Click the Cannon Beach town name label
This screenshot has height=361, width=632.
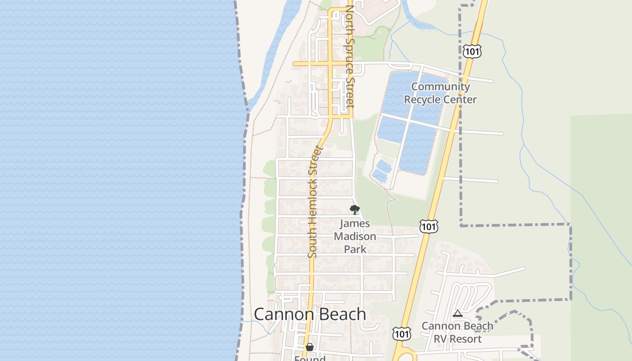pyautogui.click(x=310, y=314)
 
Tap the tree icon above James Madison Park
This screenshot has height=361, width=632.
pyautogui.click(x=355, y=209)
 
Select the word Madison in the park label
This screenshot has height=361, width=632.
pyautogui.click(x=355, y=236)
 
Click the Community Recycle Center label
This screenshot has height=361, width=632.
pyautogui.click(x=440, y=93)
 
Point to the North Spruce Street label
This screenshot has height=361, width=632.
pyautogui.click(x=350, y=56)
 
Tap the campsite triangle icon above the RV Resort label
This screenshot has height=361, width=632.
pyautogui.click(x=457, y=313)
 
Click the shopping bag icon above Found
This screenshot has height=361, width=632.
pyautogui.click(x=309, y=347)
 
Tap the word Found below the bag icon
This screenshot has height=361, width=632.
pyautogui.click(x=310, y=358)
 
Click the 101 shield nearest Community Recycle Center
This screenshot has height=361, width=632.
pyautogui.click(x=472, y=51)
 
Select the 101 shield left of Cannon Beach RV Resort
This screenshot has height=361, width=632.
pyautogui.click(x=401, y=333)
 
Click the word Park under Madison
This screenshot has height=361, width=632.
pyautogui.click(x=355, y=249)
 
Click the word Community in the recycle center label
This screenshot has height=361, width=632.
pyautogui.click(x=440, y=87)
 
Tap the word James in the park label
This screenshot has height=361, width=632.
pyautogui.click(x=355, y=223)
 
